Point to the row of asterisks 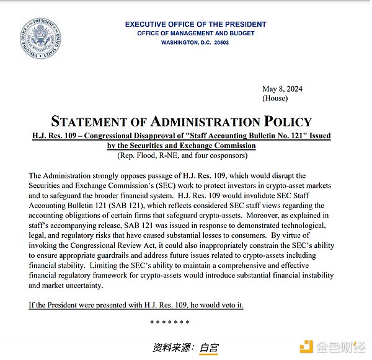170,322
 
